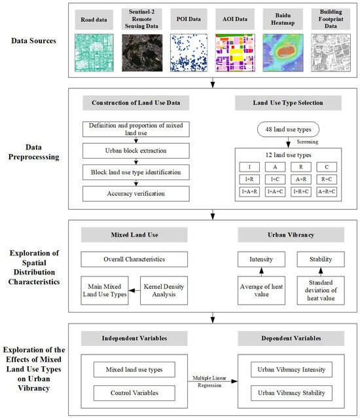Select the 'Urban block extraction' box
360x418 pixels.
(135, 151)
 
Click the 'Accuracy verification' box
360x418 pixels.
(135, 193)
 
